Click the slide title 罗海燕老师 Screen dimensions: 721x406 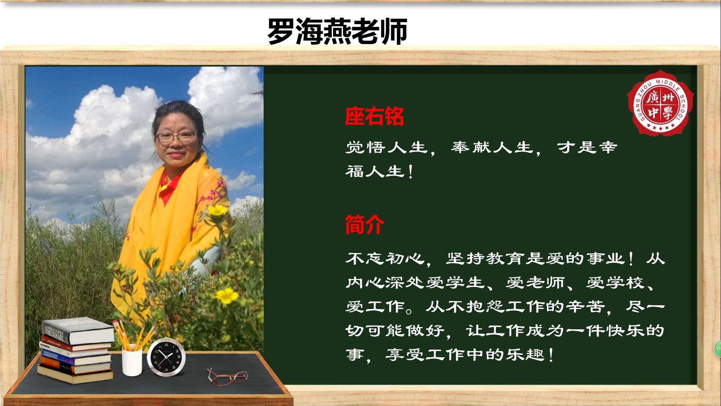[x=337, y=32]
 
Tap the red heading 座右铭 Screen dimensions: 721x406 [x=374, y=117]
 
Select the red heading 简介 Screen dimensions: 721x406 [x=365, y=225]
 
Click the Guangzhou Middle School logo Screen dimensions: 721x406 [x=661, y=103]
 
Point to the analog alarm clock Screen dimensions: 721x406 [x=166, y=357]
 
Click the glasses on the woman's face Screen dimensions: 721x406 [x=176, y=137]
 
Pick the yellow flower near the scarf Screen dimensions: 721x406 [x=217, y=211]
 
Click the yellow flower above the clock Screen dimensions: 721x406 [x=227, y=296]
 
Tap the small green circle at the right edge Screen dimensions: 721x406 [x=718, y=348]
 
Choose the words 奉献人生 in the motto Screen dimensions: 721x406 [x=492, y=147]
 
